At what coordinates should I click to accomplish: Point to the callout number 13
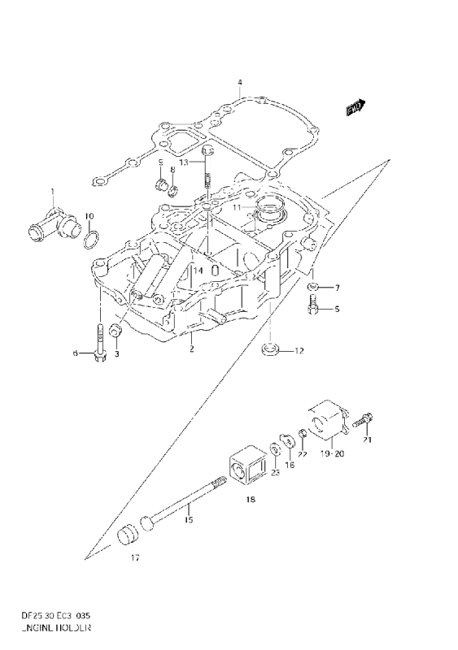coord(185,163)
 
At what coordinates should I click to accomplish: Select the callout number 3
coord(116,354)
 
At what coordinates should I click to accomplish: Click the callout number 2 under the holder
coord(191,350)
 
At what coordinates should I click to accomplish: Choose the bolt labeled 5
coord(313,308)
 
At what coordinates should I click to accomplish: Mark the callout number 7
coord(338,288)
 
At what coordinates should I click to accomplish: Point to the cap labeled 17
coord(129,536)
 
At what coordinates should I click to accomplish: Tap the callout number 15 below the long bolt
coord(188,521)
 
